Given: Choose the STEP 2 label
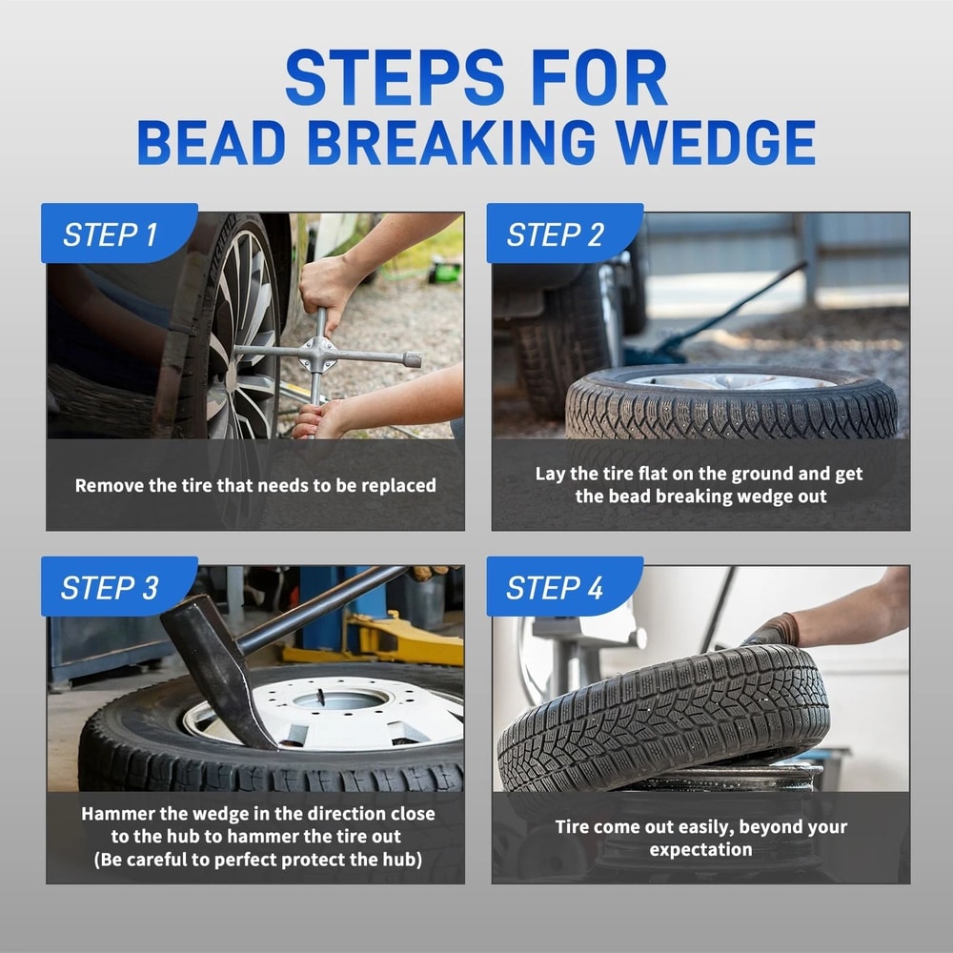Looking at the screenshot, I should [x=555, y=234].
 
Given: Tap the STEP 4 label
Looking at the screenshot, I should [x=555, y=588].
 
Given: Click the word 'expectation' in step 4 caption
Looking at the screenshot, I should [x=700, y=849].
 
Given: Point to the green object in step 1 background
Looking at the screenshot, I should [x=444, y=273].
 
